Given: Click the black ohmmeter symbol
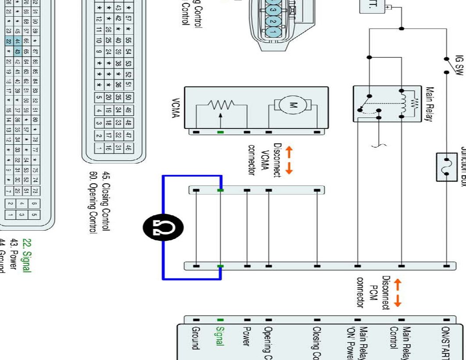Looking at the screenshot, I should pos(163,228).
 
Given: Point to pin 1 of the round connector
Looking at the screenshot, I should pos(273,32).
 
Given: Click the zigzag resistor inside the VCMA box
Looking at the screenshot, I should pos(221,105).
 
